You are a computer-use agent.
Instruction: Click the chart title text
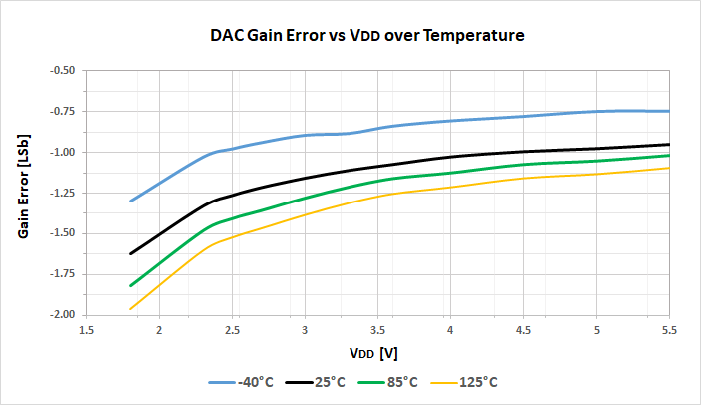[x=366, y=36]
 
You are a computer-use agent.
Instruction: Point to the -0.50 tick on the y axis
[x=63, y=70]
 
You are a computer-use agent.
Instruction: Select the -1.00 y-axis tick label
[x=63, y=152]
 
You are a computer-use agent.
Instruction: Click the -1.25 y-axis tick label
[x=63, y=193]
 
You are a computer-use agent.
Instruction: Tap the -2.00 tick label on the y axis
[x=63, y=314]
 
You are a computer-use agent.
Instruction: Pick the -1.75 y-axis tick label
[x=63, y=273]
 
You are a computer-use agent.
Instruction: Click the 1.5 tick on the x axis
[x=86, y=329]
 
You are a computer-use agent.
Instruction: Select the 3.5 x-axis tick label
[x=377, y=329]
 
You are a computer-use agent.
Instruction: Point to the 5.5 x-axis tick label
[x=669, y=329]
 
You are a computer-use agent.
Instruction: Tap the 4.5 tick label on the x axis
[x=523, y=329]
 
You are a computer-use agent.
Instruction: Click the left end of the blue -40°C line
[x=130, y=201]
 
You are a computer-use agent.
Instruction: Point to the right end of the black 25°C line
[x=669, y=144]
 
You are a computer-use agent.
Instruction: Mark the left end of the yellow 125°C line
[x=130, y=309]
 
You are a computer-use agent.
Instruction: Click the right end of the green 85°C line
[x=669, y=155]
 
